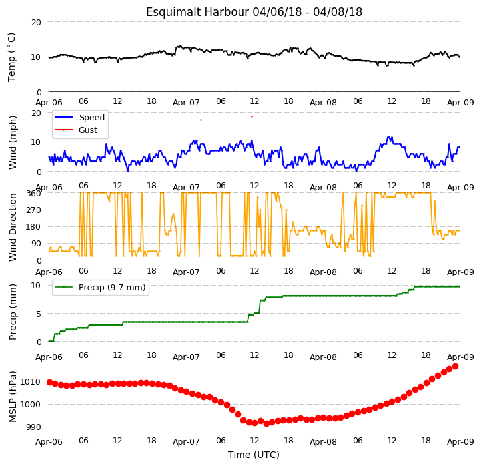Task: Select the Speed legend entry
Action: (x=79, y=117)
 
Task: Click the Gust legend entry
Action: (x=76, y=130)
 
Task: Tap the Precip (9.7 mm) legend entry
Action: (x=100, y=288)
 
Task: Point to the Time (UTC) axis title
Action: (x=254, y=455)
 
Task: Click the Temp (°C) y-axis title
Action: (x=11, y=57)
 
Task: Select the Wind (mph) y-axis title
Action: (x=13, y=142)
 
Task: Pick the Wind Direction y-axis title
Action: (x=13, y=227)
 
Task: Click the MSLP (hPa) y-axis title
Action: (x=13, y=397)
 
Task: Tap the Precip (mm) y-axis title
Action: (x=13, y=312)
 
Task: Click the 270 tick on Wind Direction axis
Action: (x=34, y=210)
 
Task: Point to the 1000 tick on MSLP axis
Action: (x=30, y=404)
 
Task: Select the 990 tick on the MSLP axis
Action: (x=33, y=427)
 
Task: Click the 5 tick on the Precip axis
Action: (x=38, y=314)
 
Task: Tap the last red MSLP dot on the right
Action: (x=455, y=367)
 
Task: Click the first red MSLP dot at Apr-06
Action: (x=49, y=382)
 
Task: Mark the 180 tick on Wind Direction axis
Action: (x=34, y=227)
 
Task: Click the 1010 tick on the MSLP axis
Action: (x=30, y=382)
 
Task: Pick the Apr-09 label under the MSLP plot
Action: (x=460, y=442)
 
